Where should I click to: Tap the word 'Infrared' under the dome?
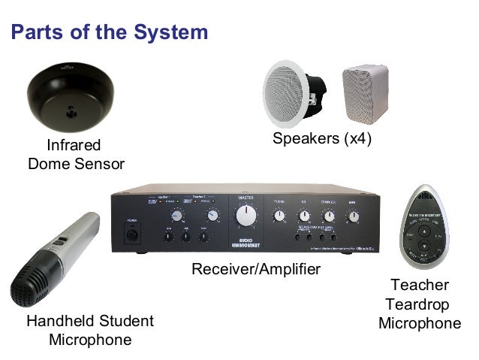(x=74, y=144)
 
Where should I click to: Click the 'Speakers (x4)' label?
(x=322, y=139)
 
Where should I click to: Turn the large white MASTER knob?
(x=246, y=216)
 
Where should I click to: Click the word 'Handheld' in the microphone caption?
(x=58, y=322)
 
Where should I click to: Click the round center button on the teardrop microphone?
(x=425, y=245)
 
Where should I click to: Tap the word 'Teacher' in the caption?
(x=420, y=285)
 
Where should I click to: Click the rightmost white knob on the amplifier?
(x=353, y=217)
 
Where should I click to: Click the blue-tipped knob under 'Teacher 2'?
(x=213, y=215)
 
